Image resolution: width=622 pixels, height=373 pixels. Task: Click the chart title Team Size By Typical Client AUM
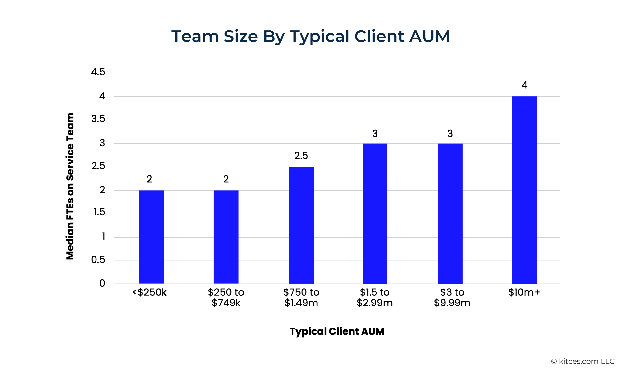(x=310, y=36)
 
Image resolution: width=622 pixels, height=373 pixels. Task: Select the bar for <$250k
(x=151, y=237)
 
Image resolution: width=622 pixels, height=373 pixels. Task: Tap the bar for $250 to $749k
(x=226, y=237)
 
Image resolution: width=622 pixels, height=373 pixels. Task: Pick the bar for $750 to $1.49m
(x=301, y=225)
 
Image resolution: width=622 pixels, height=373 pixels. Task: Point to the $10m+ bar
(x=524, y=190)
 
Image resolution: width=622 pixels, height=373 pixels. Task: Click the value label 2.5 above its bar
(x=301, y=156)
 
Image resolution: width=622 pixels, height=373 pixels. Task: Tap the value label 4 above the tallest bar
(x=524, y=85)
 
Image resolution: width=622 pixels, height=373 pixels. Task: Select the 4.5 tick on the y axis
(x=98, y=72)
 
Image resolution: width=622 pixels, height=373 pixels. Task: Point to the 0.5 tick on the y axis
(x=98, y=260)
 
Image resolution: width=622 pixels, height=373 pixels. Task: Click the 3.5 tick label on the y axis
(x=98, y=119)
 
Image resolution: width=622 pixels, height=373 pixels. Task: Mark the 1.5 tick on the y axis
(x=99, y=212)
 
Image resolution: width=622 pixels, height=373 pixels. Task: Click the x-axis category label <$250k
(x=149, y=292)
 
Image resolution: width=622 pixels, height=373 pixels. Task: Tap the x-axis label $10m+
(x=524, y=292)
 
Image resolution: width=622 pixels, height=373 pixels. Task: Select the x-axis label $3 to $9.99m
(x=452, y=298)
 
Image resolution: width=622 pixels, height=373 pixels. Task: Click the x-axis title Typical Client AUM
(x=337, y=331)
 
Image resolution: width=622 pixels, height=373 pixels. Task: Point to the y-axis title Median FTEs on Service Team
(x=70, y=186)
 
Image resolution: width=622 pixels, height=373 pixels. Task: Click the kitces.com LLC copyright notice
(x=583, y=361)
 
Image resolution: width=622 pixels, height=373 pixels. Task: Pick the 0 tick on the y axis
(x=102, y=283)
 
